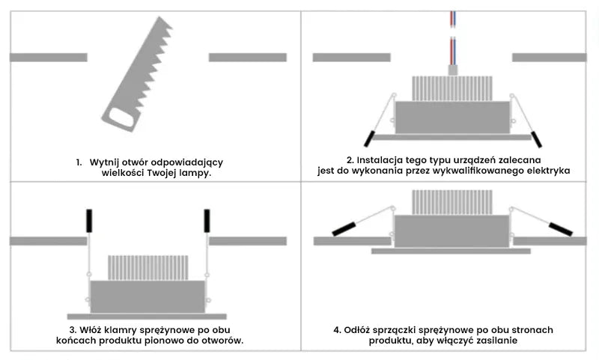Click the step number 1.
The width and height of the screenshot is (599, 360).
(78, 162)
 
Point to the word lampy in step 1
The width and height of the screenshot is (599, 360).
(193, 173)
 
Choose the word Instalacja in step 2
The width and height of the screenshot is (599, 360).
(380, 160)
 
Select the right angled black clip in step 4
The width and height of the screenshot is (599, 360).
(560, 228)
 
